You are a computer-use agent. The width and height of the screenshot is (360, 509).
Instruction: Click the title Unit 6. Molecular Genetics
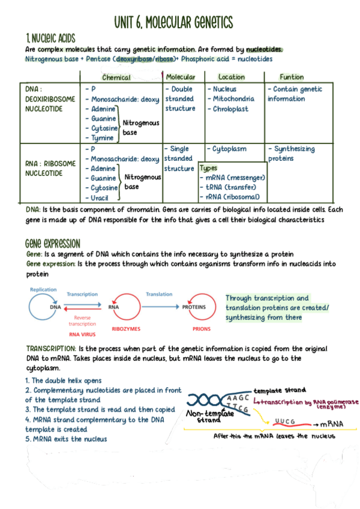pyautogui.click(x=173, y=22)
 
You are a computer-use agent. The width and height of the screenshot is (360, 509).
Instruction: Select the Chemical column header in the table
pyautogui.click(x=116, y=77)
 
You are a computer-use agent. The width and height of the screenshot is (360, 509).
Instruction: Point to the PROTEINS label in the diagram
pyautogui.click(x=194, y=307)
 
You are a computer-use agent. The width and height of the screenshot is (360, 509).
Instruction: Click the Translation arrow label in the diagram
pyautogui.click(x=159, y=295)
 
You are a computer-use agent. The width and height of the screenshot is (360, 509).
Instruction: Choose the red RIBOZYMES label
pyautogui.click(x=126, y=329)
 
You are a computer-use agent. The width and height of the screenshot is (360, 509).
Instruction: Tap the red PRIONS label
pyautogui.click(x=202, y=329)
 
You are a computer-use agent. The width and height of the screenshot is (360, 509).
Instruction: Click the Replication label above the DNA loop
pyautogui.click(x=43, y=290)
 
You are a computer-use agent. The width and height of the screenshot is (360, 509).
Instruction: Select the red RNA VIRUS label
pyautogui.click(x=82, y=334)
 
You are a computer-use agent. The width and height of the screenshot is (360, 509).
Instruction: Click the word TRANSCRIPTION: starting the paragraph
pyautogui.click(x=51, y=349)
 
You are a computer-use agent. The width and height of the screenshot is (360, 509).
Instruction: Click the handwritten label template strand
pyautogui.click(x=280, y=390)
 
